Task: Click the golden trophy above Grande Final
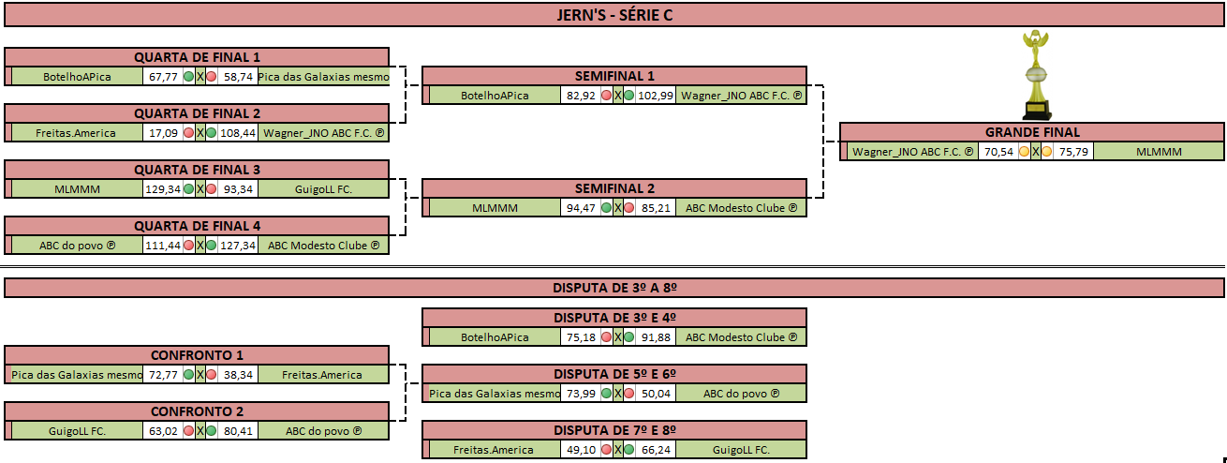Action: coord(1036,75)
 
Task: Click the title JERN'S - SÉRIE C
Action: coord(614,15)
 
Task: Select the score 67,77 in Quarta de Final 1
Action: coord(163,77)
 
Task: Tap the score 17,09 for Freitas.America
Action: coord(163,133)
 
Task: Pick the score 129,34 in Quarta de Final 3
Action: coord(163,189)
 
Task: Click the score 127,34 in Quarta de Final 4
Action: coord(238,246)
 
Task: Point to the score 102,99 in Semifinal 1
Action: coord(655,96)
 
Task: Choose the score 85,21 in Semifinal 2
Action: coord(656,208)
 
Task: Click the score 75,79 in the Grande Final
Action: coord(1073,152)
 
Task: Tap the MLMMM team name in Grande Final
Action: coord(1159,152)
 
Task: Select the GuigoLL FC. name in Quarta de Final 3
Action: coord(323,189)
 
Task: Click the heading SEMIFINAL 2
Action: coord(614,188)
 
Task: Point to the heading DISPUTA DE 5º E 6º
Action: coord(614,374)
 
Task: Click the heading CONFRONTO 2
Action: coord(198,411)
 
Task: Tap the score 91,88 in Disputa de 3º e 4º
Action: coord(656,337)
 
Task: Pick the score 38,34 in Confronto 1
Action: coord(238,375)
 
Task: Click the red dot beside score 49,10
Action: coord(606,450)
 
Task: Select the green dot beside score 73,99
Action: coord(606,394)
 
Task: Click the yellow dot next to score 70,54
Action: coord(1024,152)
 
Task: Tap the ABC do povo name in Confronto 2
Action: coord(323,431)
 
